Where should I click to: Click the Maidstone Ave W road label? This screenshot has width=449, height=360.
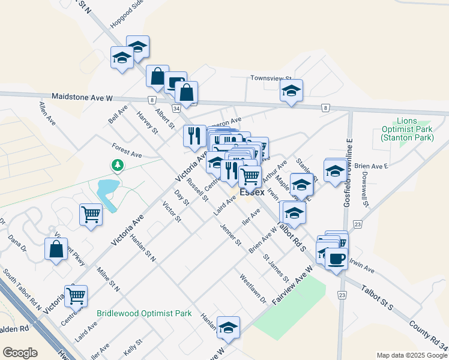click(x=82, y=97)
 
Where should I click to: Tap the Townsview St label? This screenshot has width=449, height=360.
click(x=271, y=79)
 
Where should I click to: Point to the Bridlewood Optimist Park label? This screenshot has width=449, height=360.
click(x=144, y=313)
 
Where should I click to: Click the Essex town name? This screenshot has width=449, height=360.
click(x=252, y=193)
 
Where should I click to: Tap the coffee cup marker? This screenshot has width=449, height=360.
click(x=336, y=259)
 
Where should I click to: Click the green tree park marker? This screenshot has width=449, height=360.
click(x=118, y=164)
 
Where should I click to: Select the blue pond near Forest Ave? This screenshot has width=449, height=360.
click(x=107, y=193)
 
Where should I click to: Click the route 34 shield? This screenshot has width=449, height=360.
click(x=176, y=109)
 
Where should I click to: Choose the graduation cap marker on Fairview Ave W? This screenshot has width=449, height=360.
click(x=228, y=328)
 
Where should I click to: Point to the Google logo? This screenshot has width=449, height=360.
click(x=19, y=353)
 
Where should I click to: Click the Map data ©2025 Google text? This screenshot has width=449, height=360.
click(x=412, y=355)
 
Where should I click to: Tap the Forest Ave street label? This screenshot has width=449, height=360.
click(x=127, y=150)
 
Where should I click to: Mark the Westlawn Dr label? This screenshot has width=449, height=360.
click(x=252, y=288)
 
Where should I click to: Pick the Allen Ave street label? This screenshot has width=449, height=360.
click(x=47, y=113)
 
